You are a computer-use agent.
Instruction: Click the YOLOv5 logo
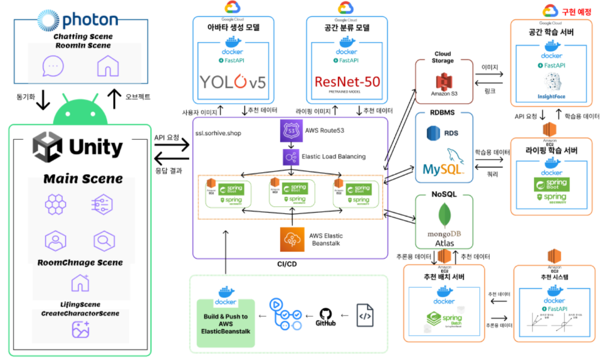coord(232,81)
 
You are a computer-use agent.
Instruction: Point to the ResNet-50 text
coord(347,81)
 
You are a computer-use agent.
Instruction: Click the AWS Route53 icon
coord(291,131)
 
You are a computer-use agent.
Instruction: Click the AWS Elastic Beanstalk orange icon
coord(291,240)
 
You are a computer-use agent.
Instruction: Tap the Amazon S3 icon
coord(444,81)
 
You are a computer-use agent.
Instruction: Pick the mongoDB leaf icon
coord(444,215)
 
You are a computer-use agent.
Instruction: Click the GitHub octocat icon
coord(326,315)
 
